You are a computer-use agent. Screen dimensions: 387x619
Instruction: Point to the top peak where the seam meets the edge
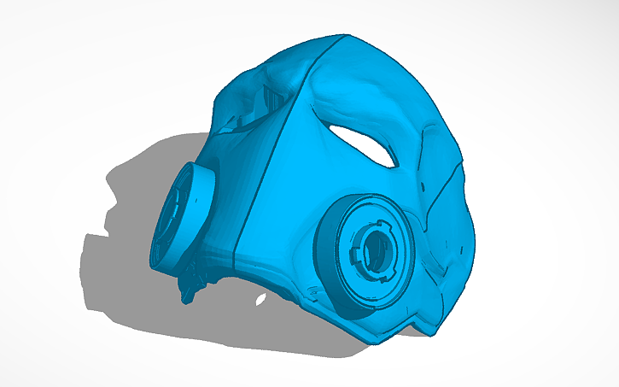(x=346, y=35)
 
